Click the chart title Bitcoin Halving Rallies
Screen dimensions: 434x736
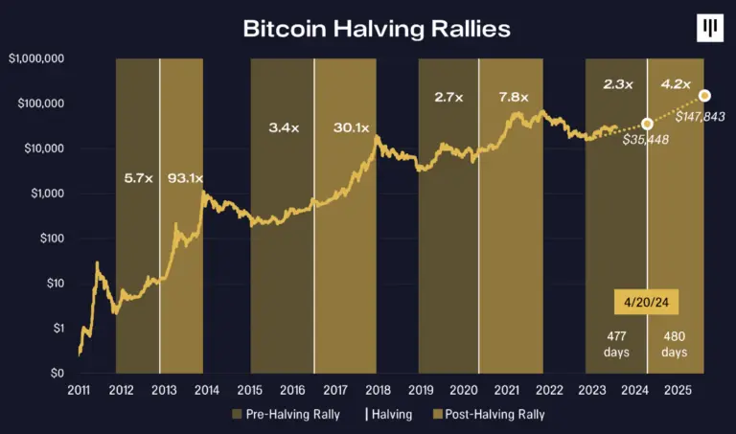click(x=376, y=29)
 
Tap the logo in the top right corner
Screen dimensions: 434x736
click(x=710, y=30)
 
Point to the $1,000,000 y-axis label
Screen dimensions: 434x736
click(x=35, y=58)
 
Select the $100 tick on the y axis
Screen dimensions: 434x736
click(x=49, y=239)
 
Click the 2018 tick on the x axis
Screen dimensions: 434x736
click(x=379, y=391)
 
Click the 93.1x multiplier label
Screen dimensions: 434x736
click(x=180, y=178)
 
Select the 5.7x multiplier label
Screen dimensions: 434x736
click(x=138, y=178)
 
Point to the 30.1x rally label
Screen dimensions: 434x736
click(x=352, y=126)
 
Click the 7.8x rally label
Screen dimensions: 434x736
click(x=515, y=97)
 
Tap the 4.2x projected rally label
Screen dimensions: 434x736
click(x=676, y=84)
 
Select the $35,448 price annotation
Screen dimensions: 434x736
click(x=645, y=140)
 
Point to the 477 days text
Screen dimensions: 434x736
click(x=617, y=344)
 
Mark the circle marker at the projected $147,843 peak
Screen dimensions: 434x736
click(x=704, y=95)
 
